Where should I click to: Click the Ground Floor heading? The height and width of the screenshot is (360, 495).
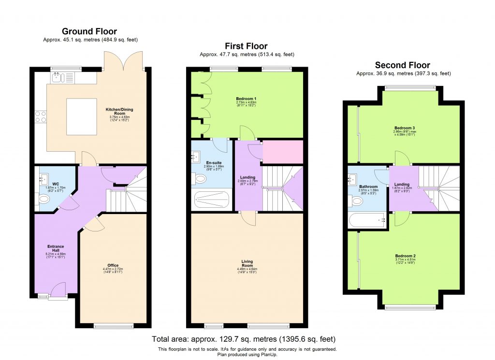pos(89,32)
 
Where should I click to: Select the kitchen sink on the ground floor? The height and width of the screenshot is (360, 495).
pos(58,77)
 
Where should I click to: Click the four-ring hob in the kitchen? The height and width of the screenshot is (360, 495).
pos(40,116)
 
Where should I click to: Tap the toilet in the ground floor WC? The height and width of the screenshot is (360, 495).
pos(44,199)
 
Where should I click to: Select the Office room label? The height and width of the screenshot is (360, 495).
pos(113,265)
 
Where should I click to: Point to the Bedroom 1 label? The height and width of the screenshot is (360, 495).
pos(249,99)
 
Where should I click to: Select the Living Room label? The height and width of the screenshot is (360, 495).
pos(247,263)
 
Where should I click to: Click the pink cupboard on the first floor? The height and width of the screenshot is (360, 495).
pos(282,152)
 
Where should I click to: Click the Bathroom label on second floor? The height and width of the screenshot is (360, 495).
pos(368,187)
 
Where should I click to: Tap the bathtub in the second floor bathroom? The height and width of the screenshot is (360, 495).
pos(366,220)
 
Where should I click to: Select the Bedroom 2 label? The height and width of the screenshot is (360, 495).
pos(405,256)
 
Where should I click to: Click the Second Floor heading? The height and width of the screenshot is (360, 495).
pos(403,65)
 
